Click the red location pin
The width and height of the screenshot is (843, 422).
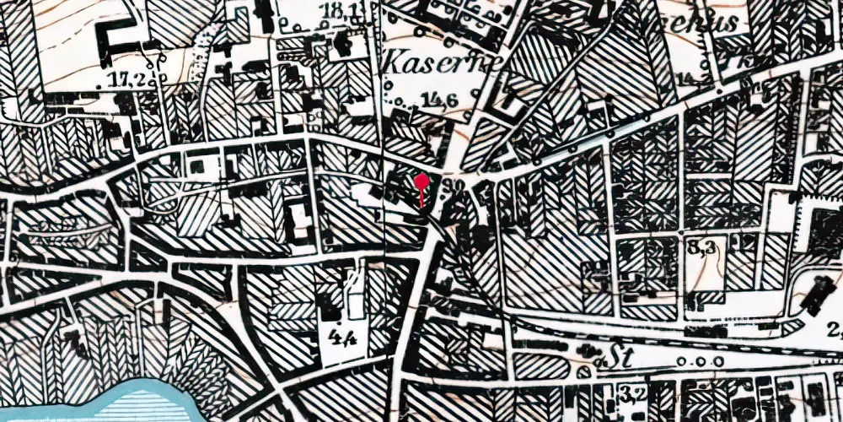(421, 181)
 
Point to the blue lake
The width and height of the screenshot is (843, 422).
(143, 401)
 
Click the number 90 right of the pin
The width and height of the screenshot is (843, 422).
(459, 183)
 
